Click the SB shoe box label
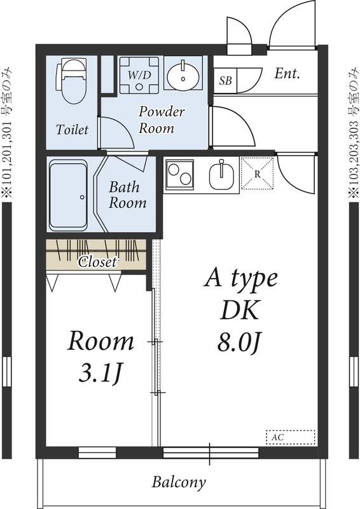click(225, 81)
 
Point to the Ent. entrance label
click(287, 73)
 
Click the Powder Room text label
click(162, 120)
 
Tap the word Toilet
click(72, 130)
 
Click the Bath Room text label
click(127, 195)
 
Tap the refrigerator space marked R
click(256, 173)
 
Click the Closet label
click(97, 261)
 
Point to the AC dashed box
click(290, 438)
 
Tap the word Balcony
click(178, 482)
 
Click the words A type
click(240, 278)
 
